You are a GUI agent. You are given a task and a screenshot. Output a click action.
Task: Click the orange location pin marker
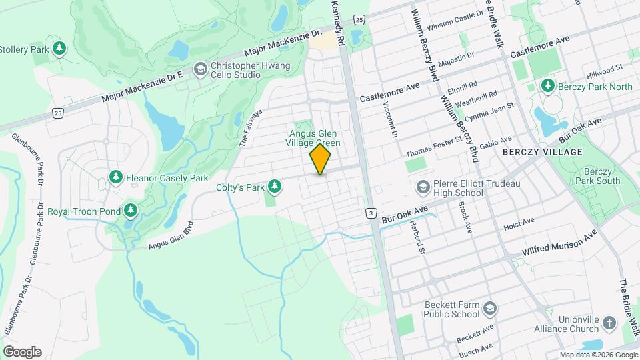320,160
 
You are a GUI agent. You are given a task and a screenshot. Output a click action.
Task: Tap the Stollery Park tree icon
59,48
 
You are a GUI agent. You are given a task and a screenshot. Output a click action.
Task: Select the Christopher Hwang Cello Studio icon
199,69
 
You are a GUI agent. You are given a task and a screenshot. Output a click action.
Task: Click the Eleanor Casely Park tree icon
116,177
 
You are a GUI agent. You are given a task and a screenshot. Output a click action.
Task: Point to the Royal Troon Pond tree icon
131,211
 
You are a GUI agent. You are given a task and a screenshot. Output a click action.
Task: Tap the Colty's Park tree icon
274,186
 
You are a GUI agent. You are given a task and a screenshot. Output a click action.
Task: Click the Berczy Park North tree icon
548,86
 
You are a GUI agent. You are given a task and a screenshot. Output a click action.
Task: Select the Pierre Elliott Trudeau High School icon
422,186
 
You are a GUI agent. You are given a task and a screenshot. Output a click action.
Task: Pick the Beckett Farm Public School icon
491,309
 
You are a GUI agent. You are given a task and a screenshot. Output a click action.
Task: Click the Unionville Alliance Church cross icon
609,323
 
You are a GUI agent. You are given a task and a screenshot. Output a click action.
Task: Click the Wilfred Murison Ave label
559,244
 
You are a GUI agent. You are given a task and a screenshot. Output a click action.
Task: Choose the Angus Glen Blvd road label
171,235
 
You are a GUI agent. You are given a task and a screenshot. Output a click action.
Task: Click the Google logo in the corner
22,352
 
